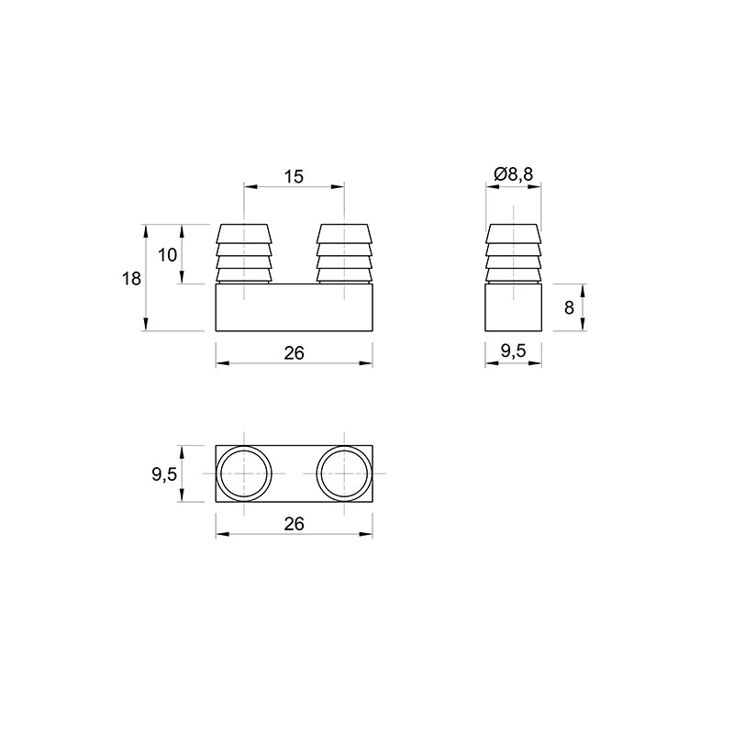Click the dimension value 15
294,176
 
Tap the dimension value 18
131,279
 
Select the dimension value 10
167,255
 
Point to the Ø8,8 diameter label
514,174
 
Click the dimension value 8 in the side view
569,308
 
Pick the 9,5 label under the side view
514,350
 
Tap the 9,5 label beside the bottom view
164,474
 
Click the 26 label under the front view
294,353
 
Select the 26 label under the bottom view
294,524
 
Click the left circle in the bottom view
243,447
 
